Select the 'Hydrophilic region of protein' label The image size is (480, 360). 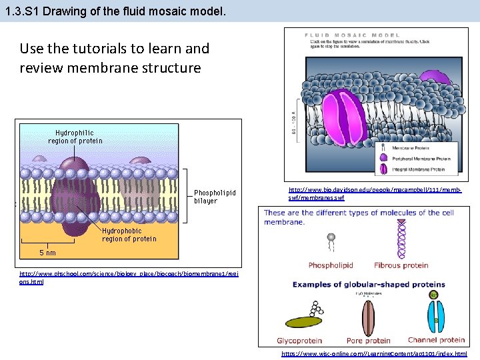click(75, 137)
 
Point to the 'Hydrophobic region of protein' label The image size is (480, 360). click(129, 235)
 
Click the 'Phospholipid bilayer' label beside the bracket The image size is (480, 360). click(215, 197)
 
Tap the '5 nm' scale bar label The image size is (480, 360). click(47, 253)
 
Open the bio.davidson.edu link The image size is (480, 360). click(374, 194)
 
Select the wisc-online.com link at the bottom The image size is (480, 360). click(374, 353)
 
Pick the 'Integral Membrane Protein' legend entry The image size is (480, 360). click(417, 169)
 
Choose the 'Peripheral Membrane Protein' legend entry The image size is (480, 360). click(420, 158)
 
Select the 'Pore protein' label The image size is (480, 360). click(369, 341)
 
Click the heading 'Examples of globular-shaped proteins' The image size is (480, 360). click(369, 285)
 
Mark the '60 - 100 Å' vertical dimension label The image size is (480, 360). click(293, 120)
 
